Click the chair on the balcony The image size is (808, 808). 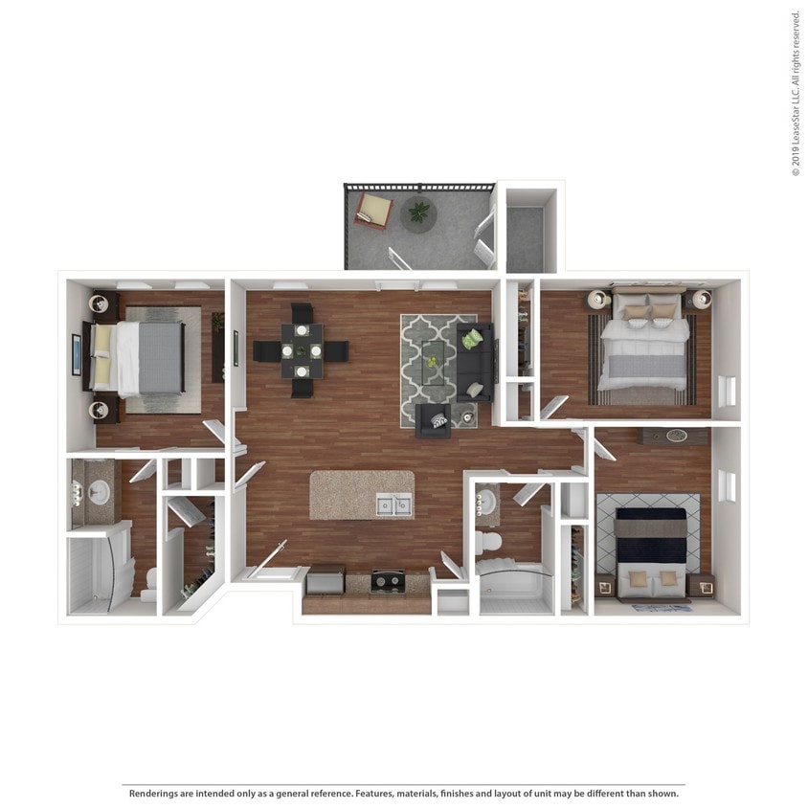point(373,210)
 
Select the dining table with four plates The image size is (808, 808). point(302,350)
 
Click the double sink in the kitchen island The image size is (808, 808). point(393,505)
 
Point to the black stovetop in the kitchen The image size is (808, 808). point(388,580)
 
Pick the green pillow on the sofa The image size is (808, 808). point(473,339)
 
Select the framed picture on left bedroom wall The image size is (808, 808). point(77,354)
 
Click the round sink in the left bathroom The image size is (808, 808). point(99,493)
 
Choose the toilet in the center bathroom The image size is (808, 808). point(489,543)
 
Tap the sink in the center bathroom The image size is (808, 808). point(485,501)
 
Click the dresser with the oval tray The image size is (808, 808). point(676,436)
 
